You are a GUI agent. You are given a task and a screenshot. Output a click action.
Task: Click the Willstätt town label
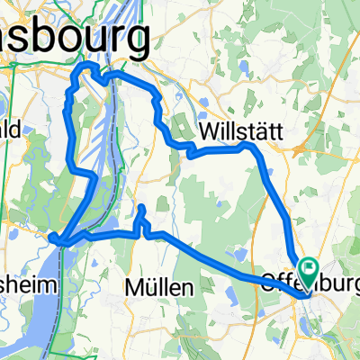tap(240, 130)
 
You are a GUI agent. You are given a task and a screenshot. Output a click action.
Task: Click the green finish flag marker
tap(310, 266)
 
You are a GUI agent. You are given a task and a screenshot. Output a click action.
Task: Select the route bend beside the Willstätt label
tap(248, 146)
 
